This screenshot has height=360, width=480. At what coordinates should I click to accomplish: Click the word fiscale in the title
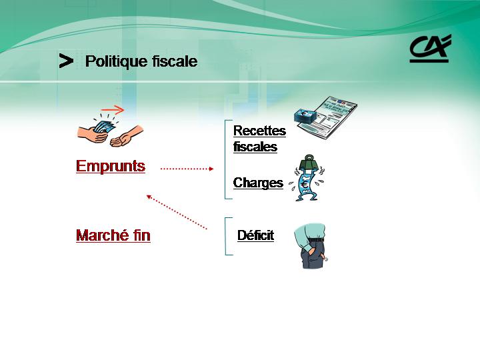175,61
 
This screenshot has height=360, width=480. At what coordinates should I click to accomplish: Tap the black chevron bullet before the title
66,61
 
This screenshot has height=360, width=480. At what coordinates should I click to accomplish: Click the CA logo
430,49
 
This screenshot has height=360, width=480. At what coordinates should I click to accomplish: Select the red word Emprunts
111,167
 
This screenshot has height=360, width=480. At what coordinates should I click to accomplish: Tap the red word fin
142,235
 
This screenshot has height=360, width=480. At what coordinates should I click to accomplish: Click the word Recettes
259,131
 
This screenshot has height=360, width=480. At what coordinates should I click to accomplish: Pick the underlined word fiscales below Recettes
255,147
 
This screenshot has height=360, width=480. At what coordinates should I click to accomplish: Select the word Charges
259,183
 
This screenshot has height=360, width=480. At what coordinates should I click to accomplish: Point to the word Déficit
255,235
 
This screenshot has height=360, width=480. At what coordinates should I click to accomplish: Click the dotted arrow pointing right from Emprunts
187,169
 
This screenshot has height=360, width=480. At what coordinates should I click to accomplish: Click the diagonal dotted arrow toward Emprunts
177,212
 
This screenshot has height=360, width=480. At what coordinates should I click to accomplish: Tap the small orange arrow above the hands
113,109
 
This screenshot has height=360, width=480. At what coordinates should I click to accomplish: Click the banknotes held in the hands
104,127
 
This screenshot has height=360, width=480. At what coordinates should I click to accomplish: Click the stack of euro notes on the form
305,116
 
